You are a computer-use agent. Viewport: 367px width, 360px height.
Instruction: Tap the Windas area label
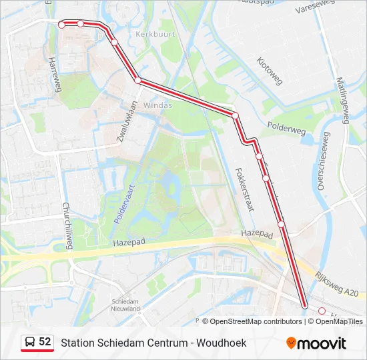(x=158, y=105)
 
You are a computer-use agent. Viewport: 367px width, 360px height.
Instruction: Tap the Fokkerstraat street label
(x=245, y=189)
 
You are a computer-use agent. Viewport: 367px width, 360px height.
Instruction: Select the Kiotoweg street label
(x=270, y=70)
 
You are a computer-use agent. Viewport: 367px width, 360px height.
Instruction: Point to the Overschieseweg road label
(x=322, y=161)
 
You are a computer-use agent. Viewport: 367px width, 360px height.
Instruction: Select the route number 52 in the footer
(x=45, y=341)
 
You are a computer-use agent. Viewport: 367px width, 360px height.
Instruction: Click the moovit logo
(x=316, y=343)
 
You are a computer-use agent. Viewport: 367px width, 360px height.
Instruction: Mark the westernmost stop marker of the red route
(x=61, y=25)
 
